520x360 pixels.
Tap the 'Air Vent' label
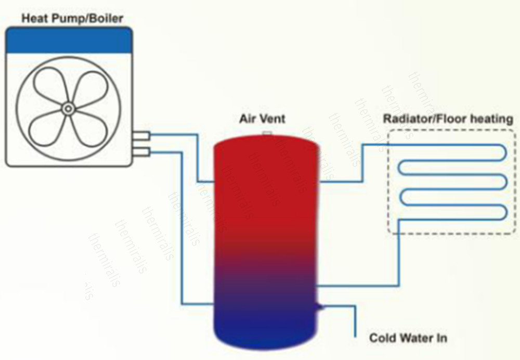(262, 119)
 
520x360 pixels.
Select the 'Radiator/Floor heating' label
(448, 119)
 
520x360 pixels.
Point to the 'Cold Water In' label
(408, 339)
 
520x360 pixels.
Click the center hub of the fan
(68, 109)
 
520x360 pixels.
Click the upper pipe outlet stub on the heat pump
(141, 136)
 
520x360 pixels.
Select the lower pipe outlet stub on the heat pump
(141, 151)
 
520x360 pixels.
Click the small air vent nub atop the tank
(268, 133)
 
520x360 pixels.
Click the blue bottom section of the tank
(266, 323)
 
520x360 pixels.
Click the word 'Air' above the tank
(246, 119)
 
